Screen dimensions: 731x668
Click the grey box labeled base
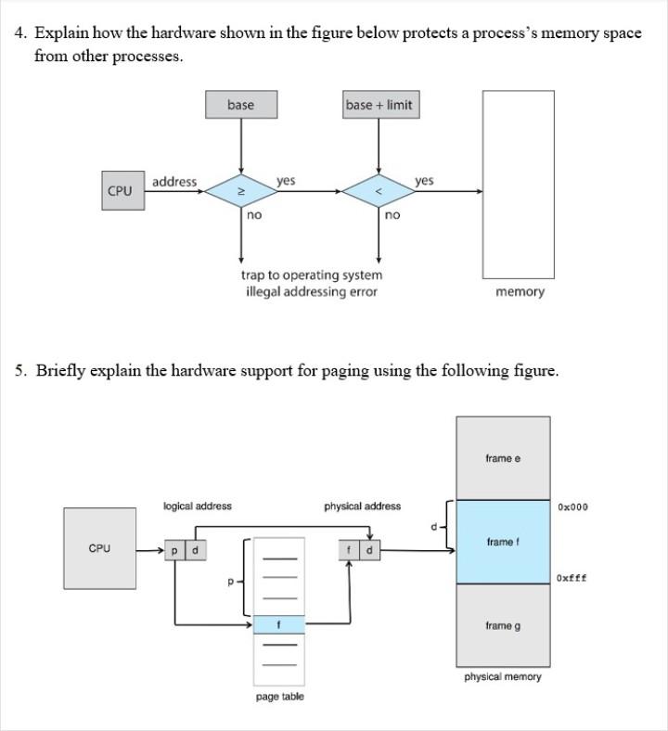coord(240,105)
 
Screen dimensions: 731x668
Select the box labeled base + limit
coord(378,105)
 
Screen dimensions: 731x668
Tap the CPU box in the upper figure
coord(121,191)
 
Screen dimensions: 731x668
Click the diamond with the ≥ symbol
coord(240,192)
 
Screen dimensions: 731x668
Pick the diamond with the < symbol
coord(378,192)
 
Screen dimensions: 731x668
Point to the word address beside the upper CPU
coord(174,182)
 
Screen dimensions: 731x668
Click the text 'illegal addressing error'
coord(312,291)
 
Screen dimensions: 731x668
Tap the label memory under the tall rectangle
coord(520,292)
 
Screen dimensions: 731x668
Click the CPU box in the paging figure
coord(99,548)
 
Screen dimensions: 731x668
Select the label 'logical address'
coord(198,507)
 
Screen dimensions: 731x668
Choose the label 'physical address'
coord(363,507)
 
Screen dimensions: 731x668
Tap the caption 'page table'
coord(279,697)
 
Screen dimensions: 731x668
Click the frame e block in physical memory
coord(503,458)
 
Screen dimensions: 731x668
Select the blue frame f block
coord(503,542)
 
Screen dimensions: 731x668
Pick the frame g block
coord(503,626)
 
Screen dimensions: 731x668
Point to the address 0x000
coord(572,507)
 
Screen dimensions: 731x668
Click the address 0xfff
coord(572,578)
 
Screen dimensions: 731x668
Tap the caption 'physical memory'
coord(503,677)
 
